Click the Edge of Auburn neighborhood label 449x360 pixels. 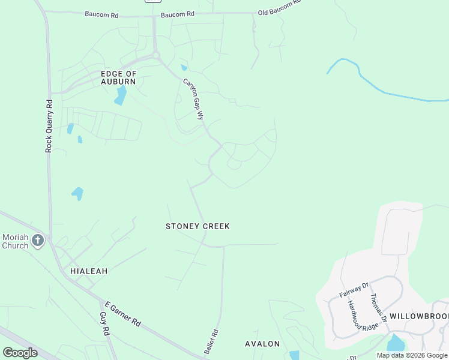pyautogui.click(x=118, y=77)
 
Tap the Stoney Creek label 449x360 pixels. pyautogui.click(x=197, y=226)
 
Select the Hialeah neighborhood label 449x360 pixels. pyautogui.click(x=89, y=271)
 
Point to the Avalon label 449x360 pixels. pyautogui.click(x=262, y=344)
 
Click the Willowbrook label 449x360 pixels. pyautogui.click(x=418, y=316)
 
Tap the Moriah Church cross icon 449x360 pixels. pyautogui.click(x=38, y=241)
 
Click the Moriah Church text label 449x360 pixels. pyautogui.click(x=15, y=241)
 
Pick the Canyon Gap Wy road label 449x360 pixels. pyautogui.click(x=193, y=99)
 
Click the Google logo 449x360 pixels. pyautogui.click(x=20, y=353)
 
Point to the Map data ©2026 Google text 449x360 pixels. pyautogui.click(x=412, y=355)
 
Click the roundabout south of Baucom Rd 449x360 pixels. pyautogui.click(x=157, y=56)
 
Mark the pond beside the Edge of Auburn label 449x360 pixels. pyautogui.click(x=121, y=95)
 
